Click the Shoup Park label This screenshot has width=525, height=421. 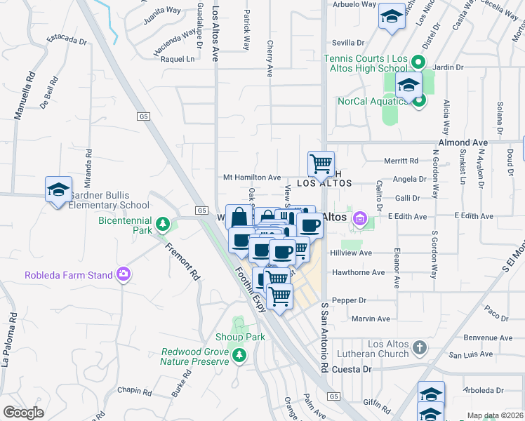pyautogui.click(x=240, y=337)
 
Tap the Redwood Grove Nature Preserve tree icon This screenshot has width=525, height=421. pyautogui.click(x=240, y=355)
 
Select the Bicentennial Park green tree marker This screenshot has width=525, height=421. pyautogui.click(x=163, y=224)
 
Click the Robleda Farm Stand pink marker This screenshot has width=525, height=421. pyautogui.click(x=124, y=274)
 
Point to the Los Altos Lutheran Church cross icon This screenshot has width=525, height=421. pyautogui.click(x=419, y=348)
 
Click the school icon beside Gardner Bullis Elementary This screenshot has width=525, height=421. pyautogui.click(x=59, y=189)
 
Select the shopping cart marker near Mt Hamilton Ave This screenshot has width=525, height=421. pyautogui.click(x=321, y=164)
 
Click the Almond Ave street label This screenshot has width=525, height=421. pyautogui.click(x=463, y=142)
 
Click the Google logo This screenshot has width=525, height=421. pyautogui.click(x=24, y=412)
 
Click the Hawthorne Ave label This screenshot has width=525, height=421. pyautogui.click(x=359, y=272)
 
